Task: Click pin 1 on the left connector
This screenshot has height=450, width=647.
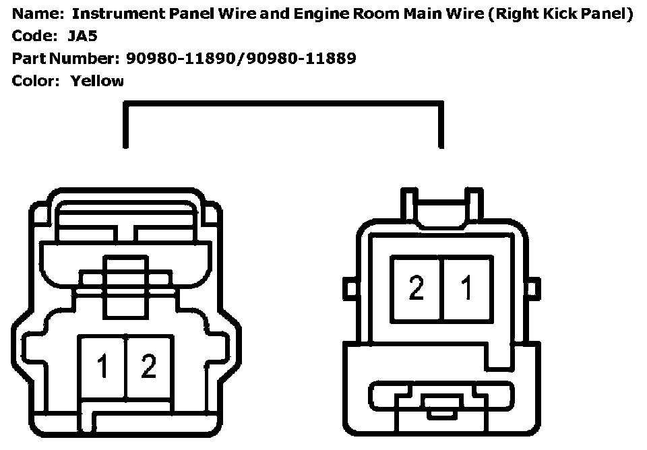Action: (x=102, y=366)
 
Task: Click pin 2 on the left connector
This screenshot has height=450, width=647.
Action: (x=148, y=366)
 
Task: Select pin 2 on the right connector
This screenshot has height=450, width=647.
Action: (x=417, y=288)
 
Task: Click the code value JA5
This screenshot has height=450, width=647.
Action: (x=82, y=36)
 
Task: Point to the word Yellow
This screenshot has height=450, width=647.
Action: (x=97, y=82)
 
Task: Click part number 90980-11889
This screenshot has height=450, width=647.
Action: (x=301, y=59)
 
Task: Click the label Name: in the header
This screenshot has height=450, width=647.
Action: (x=34, y=13)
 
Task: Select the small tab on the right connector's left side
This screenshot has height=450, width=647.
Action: (x=350, y=289)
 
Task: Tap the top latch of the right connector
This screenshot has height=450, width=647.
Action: (x=441, y=205)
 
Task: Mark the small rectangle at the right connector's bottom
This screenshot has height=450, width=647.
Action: (x=441, y=404)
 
